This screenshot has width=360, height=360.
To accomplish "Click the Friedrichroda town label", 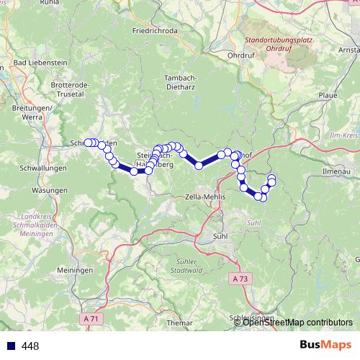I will pyautogui.click(x=156, y=32).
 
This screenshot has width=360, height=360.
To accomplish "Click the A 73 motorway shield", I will pyautogui.click(x=243, y=278).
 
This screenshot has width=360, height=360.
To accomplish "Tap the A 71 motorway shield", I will pyautogui.click(x=90, y=318).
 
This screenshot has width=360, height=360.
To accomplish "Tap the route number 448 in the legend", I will pyautogui.click(x=31, y=346).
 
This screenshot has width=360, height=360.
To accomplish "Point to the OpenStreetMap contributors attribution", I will pyautogui.click(x=297, y=323).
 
